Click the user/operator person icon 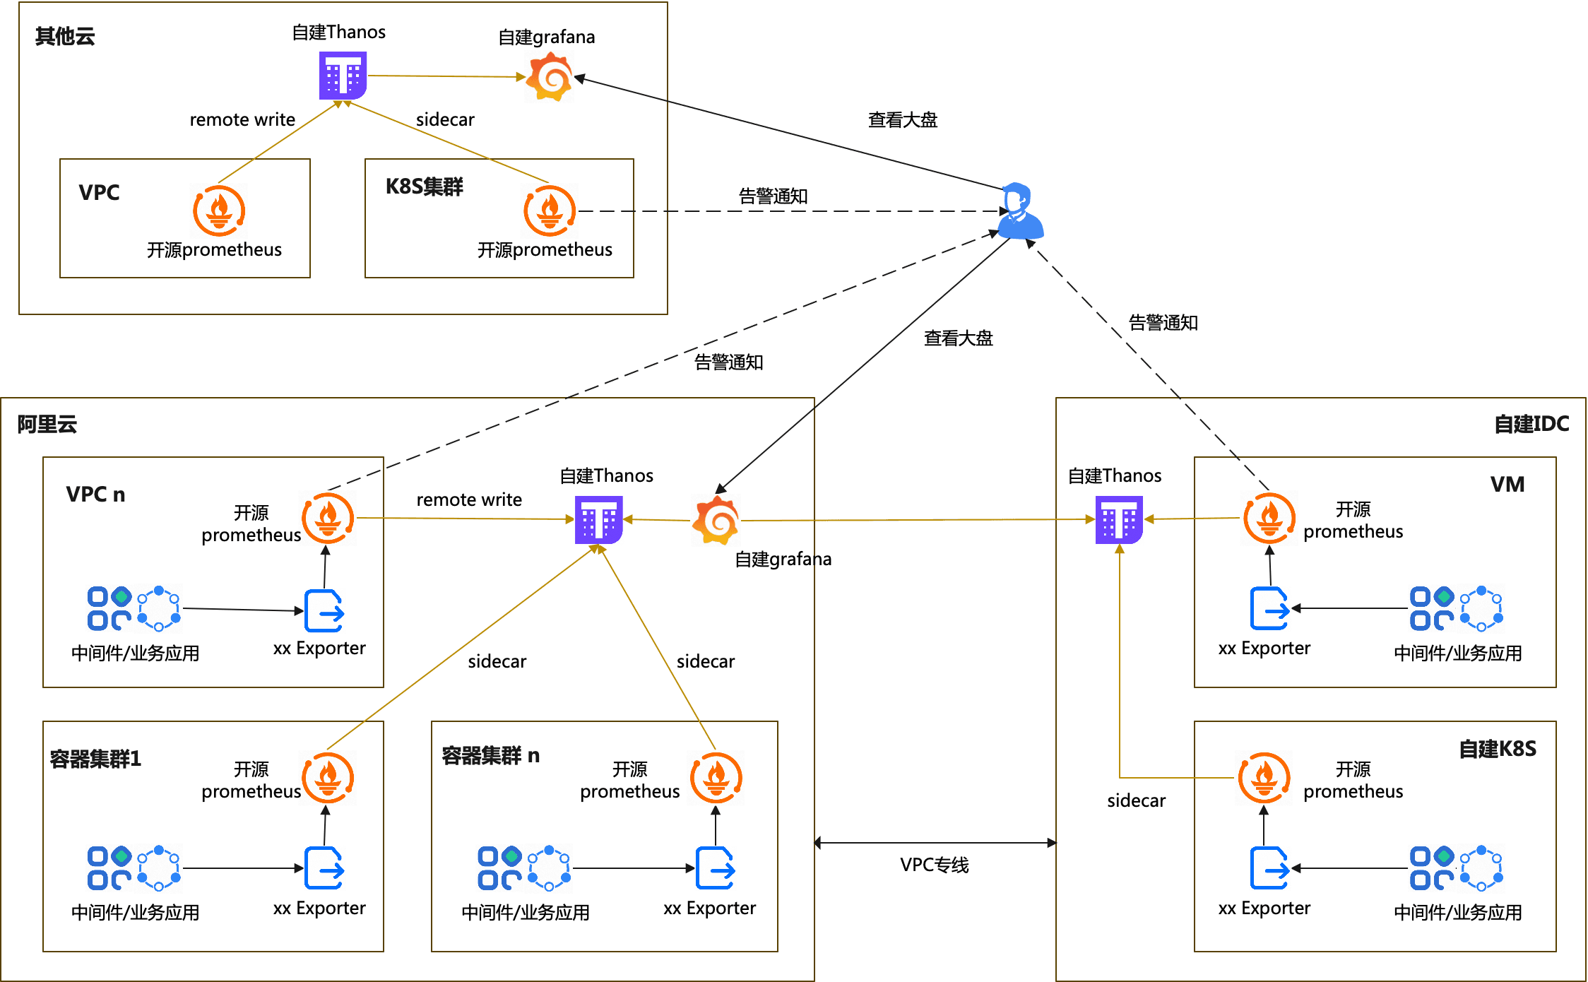pos(1020,212)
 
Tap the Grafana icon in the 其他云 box pos(550,77)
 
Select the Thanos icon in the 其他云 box pos(343,75)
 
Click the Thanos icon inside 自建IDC pos(1119,519)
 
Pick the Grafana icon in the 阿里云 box pos(716,521)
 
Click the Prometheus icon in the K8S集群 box pos(550,211)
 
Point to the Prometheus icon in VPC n pos(328,519)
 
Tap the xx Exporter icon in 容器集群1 pos(324,868)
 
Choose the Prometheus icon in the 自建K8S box pos(1264,778)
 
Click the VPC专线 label pos(934,865)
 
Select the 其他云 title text pos(65,36)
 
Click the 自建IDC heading pos(1531,424)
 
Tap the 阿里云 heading pos(47,424)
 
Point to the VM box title pos(1507,485)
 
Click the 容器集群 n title pos(490,756)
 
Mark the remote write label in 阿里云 pos(469,499)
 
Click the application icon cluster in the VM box pos(1456,608)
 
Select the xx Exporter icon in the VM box pos(1269,608)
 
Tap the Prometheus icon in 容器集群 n pos(716,778)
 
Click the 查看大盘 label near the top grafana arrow pos(902,120)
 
